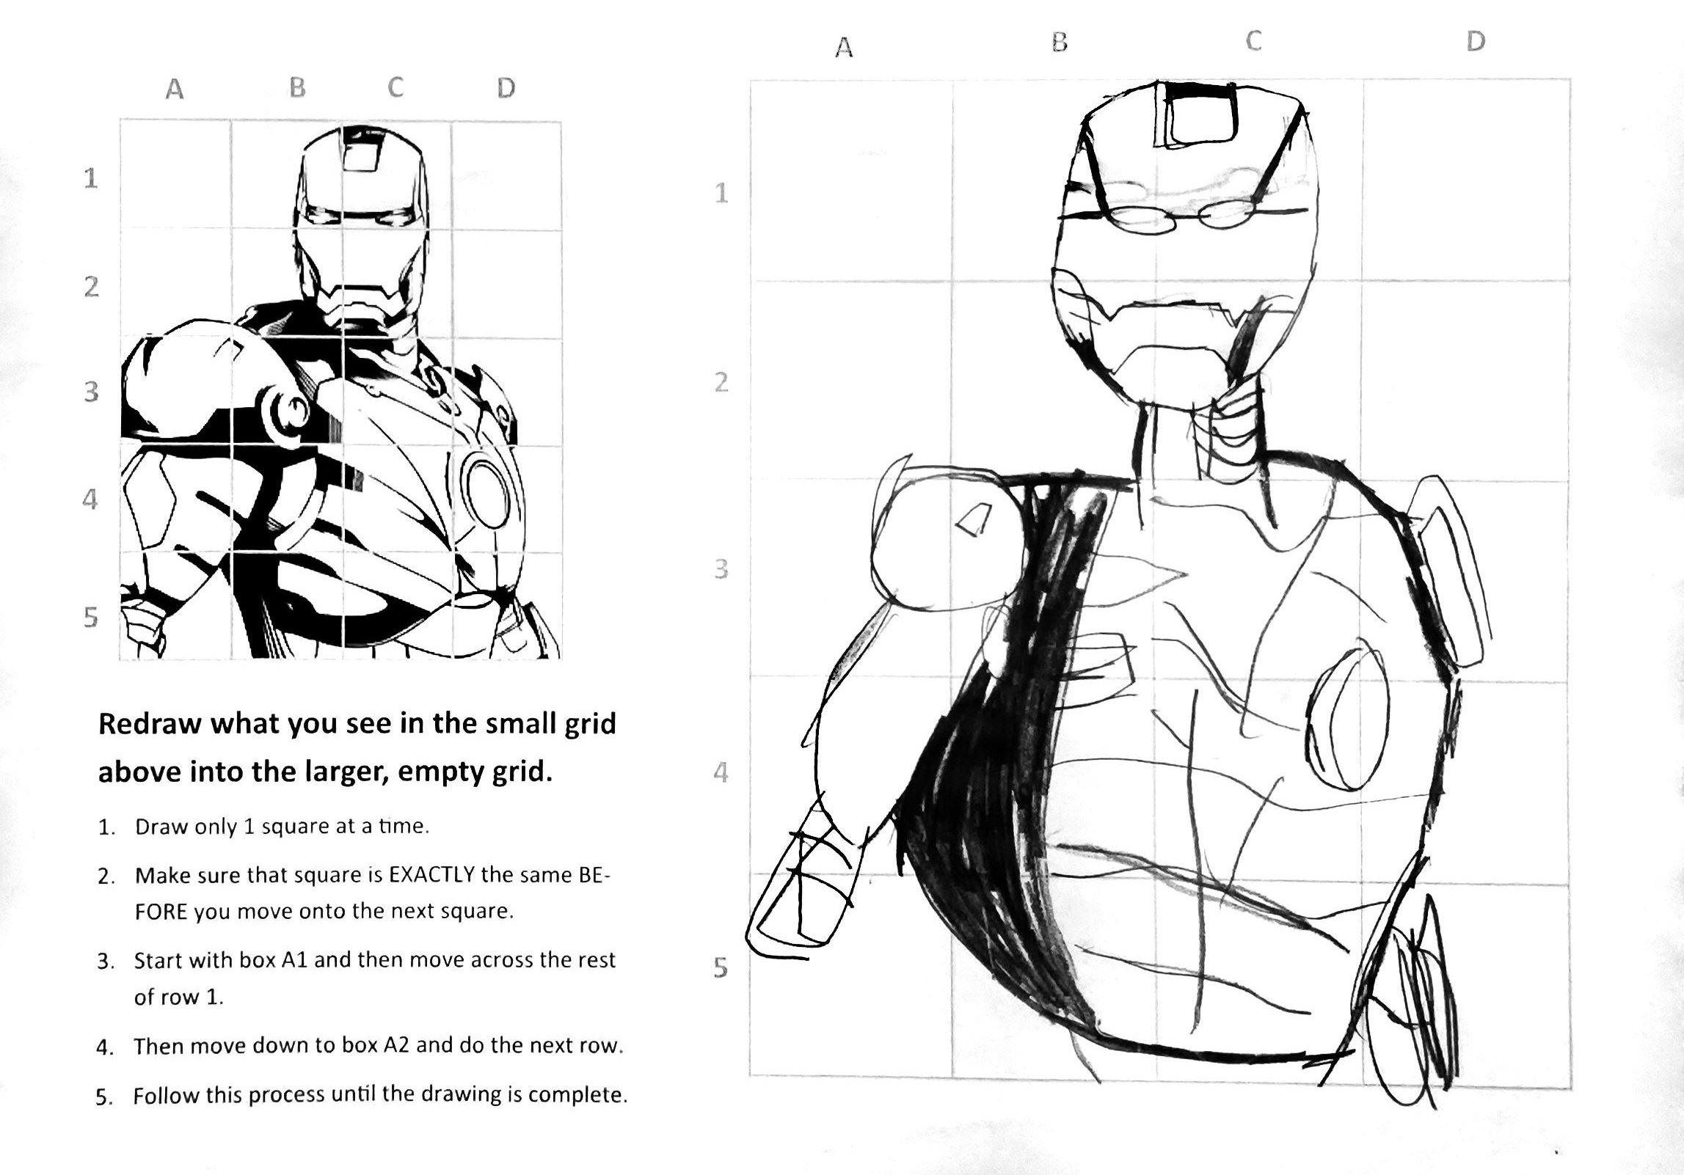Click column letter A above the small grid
[x=174, y=89]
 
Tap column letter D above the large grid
[x=1475, y=41]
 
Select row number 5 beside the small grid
[x=90, y=617]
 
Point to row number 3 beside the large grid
[x=721, y=568]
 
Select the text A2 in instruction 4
[x=397, y=1044]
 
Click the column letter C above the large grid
[x=1253, y=41]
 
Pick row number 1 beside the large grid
[x=721, y=193]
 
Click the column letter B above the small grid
[x=297, y=88]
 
